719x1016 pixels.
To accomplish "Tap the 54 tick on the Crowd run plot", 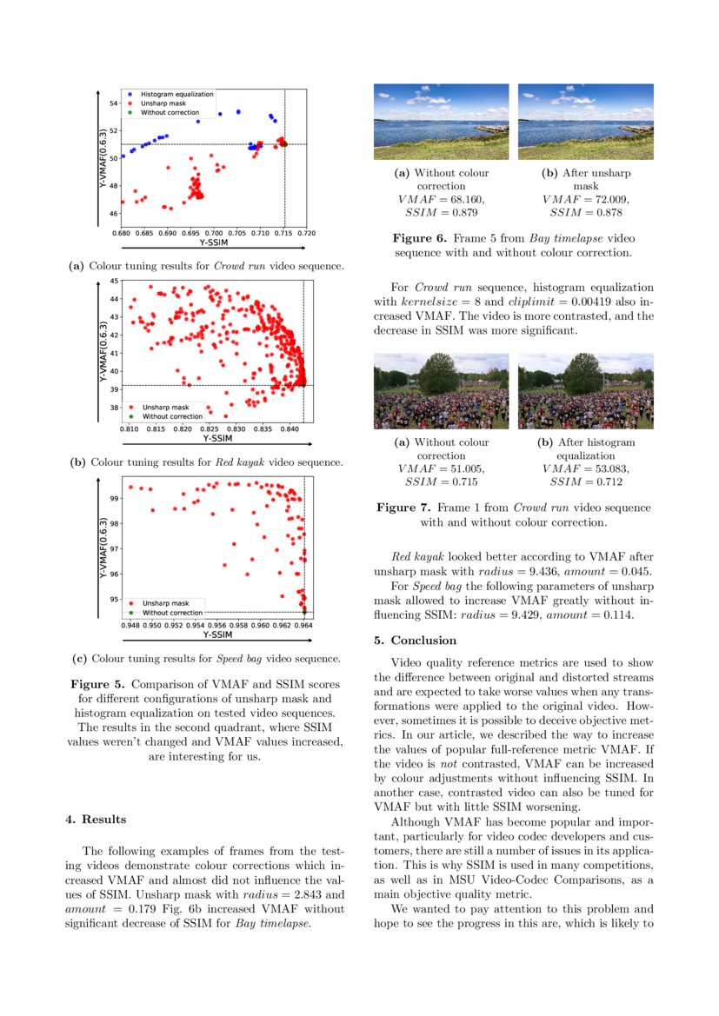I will [x=114, y=103].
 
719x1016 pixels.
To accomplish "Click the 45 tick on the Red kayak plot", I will [x=114, y=281].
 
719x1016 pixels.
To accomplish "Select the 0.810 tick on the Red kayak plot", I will [x=129, y=429].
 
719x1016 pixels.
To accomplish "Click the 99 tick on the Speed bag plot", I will [x=114, y=499].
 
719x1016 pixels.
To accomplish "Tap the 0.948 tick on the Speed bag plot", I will [x=130, y=625].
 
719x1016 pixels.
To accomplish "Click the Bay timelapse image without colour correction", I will [x=441, y=122].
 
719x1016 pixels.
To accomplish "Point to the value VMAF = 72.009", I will [x=585, y=199].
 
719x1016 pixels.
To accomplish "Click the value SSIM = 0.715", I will [x=441, y=481].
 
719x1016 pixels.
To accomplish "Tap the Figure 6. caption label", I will [x=420, y=237].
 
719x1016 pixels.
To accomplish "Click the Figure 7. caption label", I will [x=404, y=508].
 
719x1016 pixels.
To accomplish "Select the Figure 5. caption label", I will [x=99, y=683].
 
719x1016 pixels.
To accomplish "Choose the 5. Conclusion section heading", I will [x=415, y=641].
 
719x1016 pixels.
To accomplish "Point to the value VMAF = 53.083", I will [x=585, y=468].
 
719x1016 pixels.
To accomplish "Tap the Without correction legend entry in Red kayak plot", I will [x=172, y=415].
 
